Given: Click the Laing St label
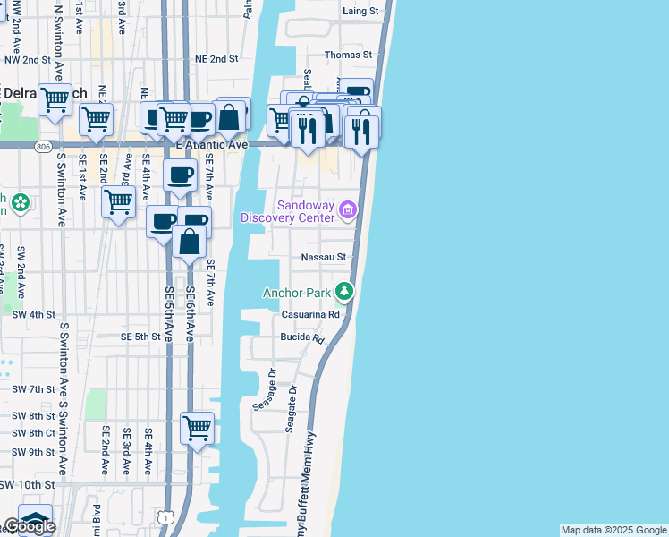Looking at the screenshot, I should pyautogui.click(x=361, y=12).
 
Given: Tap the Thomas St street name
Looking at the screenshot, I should pyautogui.click(x=348, y=55).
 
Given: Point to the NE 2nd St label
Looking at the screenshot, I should pyautogui.click(x=217, y=58).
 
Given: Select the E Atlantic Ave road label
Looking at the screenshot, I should pyautogui.click(x=212, y=144).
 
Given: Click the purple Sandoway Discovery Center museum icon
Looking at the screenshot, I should pyautogui.click(x=348, y=211).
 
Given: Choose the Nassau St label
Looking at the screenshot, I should pyautogui.click(x=323, y=257).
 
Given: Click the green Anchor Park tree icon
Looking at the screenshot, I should pyautogui.click(x=344, y=291).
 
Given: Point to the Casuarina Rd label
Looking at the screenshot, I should pyautogui.click(x=311, y=315).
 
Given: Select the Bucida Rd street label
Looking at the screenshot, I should pyautogui.click(x=301, y=338).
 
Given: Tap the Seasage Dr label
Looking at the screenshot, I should pyautogui.click(x=260, y=389).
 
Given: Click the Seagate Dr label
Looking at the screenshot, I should pyautogui.click(x=291, y=410).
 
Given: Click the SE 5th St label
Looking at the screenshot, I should pyautogui.click(x=140, y=337).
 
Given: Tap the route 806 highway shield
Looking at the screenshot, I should pyautogui.click(x=45, y=144).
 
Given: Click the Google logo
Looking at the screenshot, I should pyautogui.click(x=30, y=526).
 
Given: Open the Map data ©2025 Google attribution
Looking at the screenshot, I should pyautogui.click(x=614, y=530).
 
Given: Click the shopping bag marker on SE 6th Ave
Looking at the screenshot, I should pyautogui.click(x=190, y=241).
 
